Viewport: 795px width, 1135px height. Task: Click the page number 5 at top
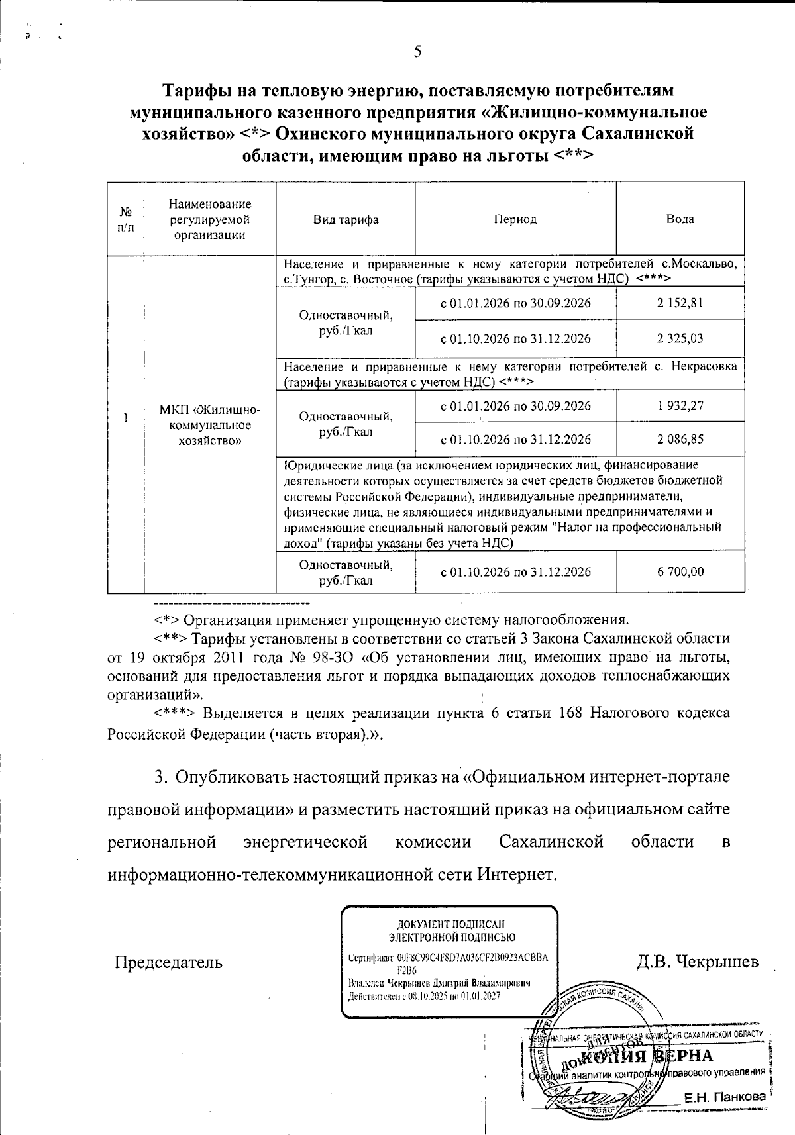(417, 52)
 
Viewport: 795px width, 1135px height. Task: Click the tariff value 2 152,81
(680, 303)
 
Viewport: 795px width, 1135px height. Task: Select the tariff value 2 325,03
(680, 338)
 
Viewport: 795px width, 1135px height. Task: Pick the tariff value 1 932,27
(680, 405)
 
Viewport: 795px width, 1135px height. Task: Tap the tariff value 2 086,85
(680, 439)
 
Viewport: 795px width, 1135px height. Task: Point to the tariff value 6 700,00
(680, 571)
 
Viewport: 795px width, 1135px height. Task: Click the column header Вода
(680, 219)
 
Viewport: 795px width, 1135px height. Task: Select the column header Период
(515, 219)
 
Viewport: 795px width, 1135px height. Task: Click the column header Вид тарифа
(345, 219)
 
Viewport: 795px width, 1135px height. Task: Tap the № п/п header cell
(126, 219)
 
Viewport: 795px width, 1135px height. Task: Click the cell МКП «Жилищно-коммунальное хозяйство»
(210, 424)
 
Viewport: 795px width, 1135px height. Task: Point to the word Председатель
(168, 962)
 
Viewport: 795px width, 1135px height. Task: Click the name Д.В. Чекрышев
(697, 962)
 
